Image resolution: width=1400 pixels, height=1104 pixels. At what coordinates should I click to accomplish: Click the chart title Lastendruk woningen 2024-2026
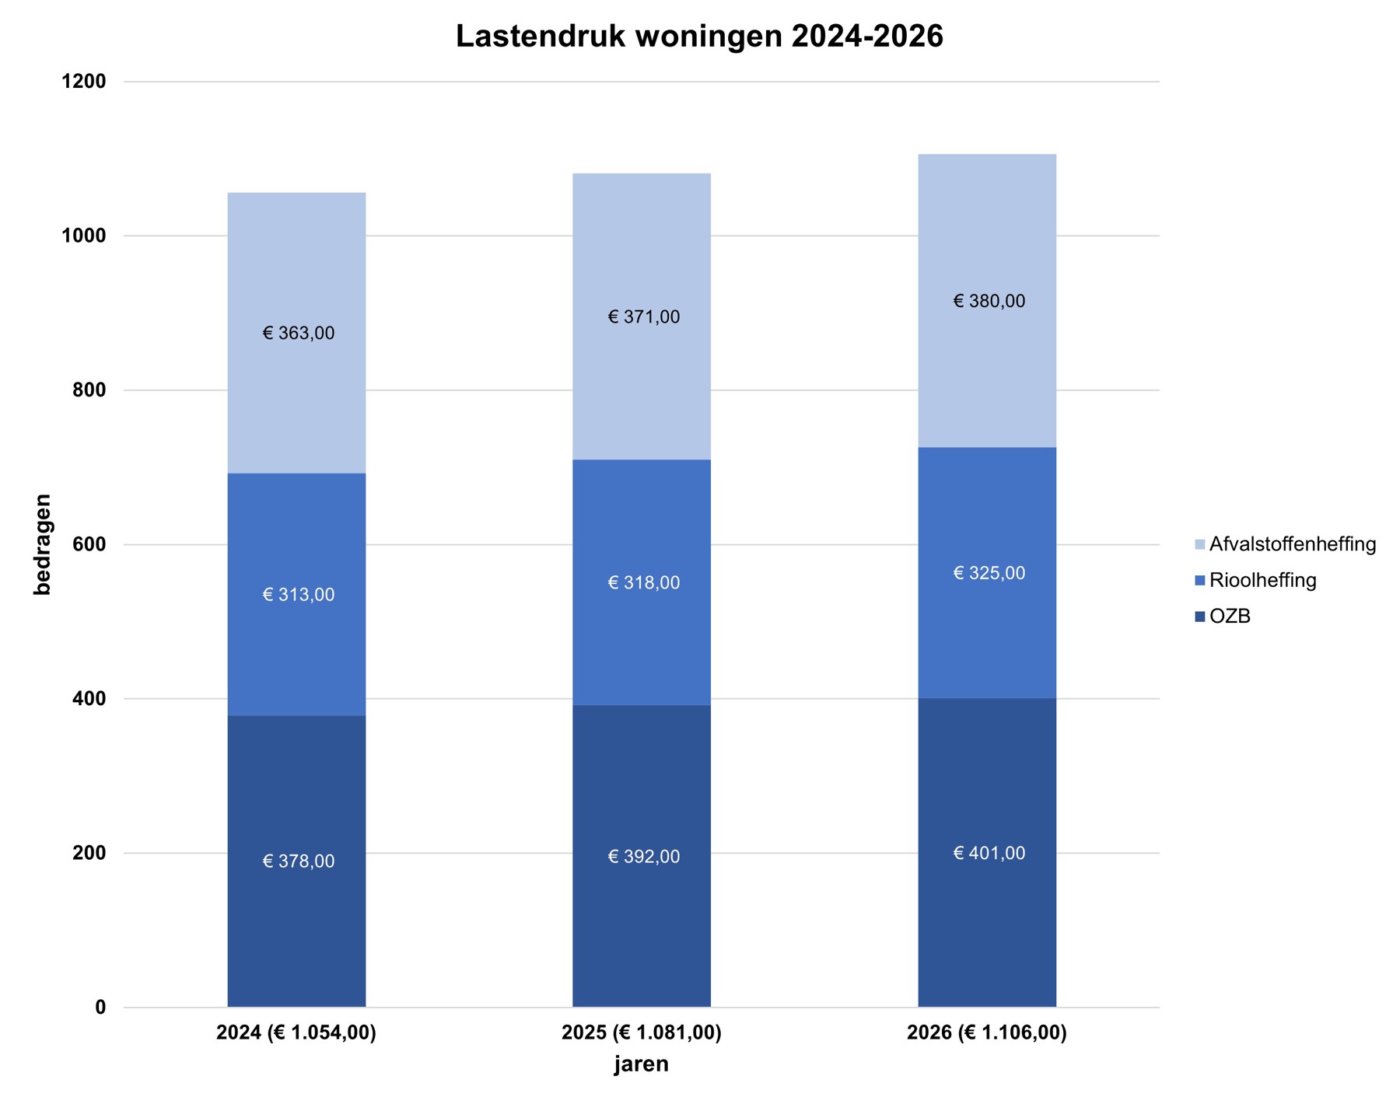point(698,37)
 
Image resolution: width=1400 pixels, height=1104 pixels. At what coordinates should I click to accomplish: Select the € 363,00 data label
point(299,334)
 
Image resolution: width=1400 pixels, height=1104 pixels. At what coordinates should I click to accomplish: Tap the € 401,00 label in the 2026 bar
point(989,854)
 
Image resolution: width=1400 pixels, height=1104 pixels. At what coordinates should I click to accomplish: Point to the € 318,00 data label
point(643,583)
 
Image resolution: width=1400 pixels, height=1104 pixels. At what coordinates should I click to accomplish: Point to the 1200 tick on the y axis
point(84,82)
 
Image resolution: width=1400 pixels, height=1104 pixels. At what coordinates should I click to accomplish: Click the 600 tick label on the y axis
point(89,544)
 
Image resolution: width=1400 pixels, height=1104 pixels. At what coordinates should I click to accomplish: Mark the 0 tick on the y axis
point(100,1008)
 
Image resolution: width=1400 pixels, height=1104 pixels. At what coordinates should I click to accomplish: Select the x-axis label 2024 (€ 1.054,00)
point(296,1033)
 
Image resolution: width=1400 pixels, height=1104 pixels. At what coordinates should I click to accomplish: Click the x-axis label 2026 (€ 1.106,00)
point(987,1033)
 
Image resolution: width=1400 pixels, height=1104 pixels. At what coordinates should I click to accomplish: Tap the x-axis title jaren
point(641,1064)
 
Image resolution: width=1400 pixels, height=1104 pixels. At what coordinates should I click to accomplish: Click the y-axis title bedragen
point(43,544)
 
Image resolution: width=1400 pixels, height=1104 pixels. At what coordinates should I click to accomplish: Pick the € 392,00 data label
point(643,857)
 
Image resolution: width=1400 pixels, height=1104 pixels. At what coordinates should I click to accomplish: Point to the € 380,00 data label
point(989,302)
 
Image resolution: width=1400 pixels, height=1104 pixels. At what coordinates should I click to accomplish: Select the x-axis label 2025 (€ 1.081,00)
point(642,1033)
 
